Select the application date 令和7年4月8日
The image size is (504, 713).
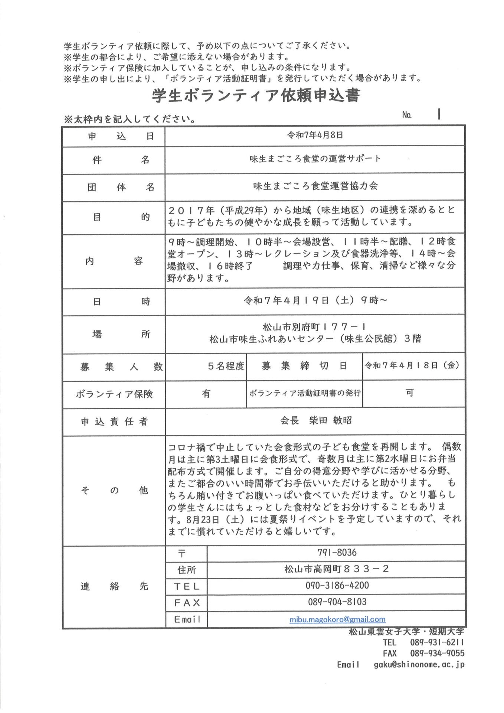(x=315, y=135)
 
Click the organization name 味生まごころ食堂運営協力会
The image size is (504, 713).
(x=315, y=186)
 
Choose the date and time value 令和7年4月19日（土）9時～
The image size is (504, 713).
(x=315, y=300)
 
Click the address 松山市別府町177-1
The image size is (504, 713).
(x=315, y=327)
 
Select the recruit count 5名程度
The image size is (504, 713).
(x=226, y=367)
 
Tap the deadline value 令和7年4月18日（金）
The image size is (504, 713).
(x=412, y=366)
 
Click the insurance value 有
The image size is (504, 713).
(x=206, y=394)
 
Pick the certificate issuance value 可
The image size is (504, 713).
(x=409, y=393)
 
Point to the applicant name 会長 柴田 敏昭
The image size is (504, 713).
(x=316, y=421)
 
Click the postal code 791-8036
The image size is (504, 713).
(x=337, y=553)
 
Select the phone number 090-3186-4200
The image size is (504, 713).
(x=337, y=586)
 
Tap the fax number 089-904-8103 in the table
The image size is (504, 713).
(x=337, y=602)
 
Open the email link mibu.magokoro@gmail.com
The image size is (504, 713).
(x=337, y=619)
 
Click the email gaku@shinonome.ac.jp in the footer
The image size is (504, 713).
(x=419, y=665)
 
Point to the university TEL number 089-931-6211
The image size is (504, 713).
(x=437, y=642)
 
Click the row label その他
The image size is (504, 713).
(x=114, y=491)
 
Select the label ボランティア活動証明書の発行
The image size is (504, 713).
(x=305, y=393)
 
